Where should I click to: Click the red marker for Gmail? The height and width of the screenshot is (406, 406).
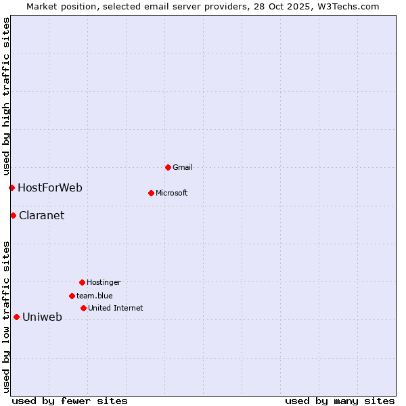click(168, 167)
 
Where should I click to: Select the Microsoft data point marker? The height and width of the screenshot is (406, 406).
click(151, 193)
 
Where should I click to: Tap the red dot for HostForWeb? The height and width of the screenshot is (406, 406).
click(12, 187)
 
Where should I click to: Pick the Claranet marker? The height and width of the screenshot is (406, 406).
click(13, 215)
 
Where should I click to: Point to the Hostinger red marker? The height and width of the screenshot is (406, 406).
click(82, 282)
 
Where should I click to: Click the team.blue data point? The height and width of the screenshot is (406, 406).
click(72, 296)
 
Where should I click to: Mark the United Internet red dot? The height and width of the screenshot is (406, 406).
click(83, 308)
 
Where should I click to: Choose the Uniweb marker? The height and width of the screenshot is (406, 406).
click(16, 317)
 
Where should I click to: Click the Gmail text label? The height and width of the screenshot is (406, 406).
click(183, 167)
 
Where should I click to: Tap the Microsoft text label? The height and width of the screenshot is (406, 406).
click(172, 193)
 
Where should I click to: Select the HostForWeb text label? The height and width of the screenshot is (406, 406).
click(50, 187)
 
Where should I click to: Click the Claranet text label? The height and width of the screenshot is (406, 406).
click(42, 215)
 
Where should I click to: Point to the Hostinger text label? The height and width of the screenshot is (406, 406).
click(104, 282)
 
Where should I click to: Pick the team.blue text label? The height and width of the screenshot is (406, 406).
click(95, 296)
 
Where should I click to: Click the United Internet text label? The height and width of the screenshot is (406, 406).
click(116, 308)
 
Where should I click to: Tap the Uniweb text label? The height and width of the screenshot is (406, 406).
click(43, 317)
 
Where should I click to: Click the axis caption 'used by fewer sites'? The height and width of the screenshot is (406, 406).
click(70, 401)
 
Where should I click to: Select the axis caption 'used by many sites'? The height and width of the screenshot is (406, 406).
click(340, 401)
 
